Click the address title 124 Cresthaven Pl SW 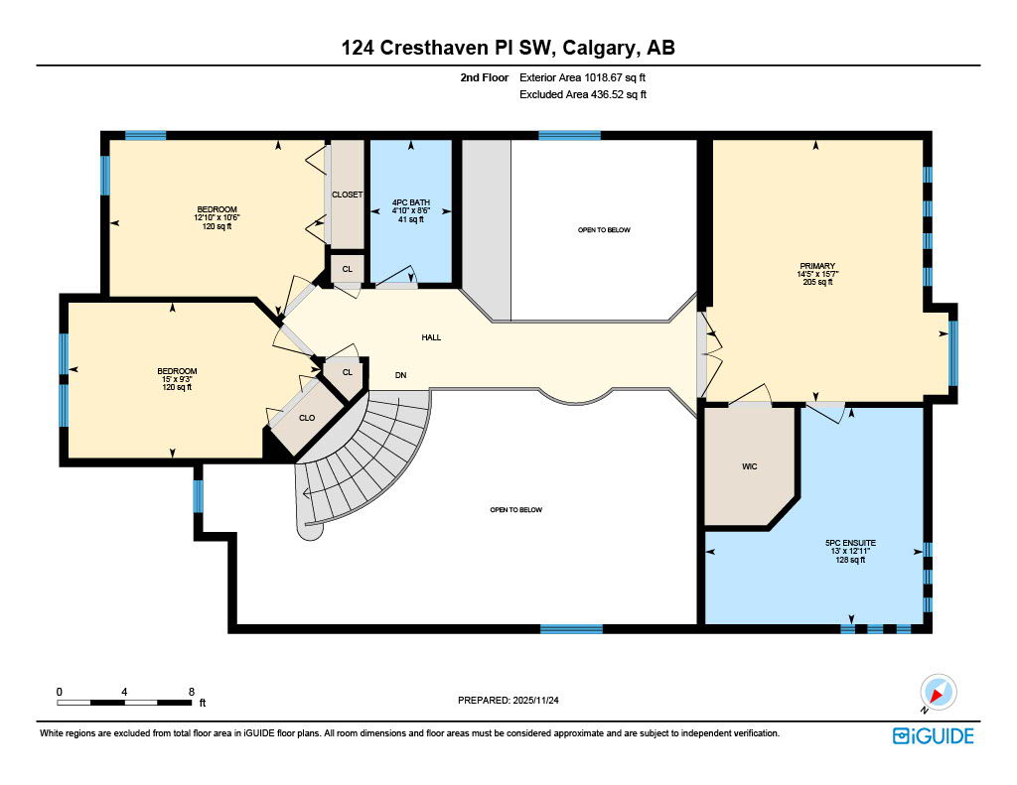[508, 48]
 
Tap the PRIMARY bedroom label [816, 266]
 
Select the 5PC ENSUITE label [850, 543]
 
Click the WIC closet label [749, 465]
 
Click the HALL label [431, 337]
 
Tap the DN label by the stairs [401, 374]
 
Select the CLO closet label [307, 418]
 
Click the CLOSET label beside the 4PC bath [347, 195]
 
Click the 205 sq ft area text [816, 283]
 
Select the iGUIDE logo [933, 735]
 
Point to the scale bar [124, 703]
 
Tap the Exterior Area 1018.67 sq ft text [583, 77]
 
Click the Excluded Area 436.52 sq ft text [583, 95]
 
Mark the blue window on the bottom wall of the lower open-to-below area [571, 628]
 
